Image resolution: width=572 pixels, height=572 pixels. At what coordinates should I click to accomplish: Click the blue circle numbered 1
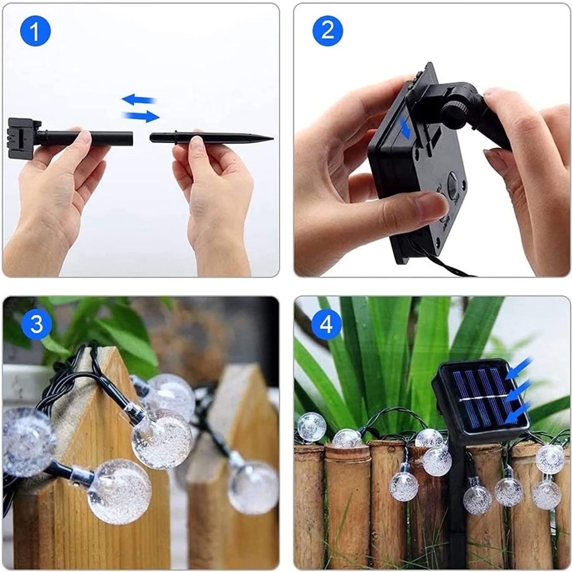(x=35, y=31)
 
